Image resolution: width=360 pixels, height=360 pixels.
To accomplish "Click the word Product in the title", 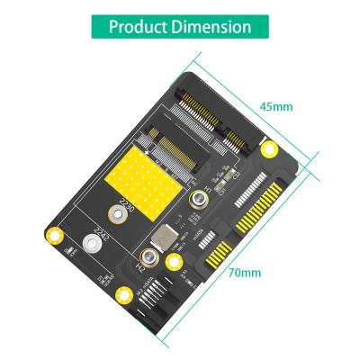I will pos(140,26).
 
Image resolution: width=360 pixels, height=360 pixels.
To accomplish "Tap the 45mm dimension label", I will pos(276,107).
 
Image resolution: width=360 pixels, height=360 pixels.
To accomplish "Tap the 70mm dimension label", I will pos(244,272).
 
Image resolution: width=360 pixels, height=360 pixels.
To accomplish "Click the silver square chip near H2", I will pos(162,238).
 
